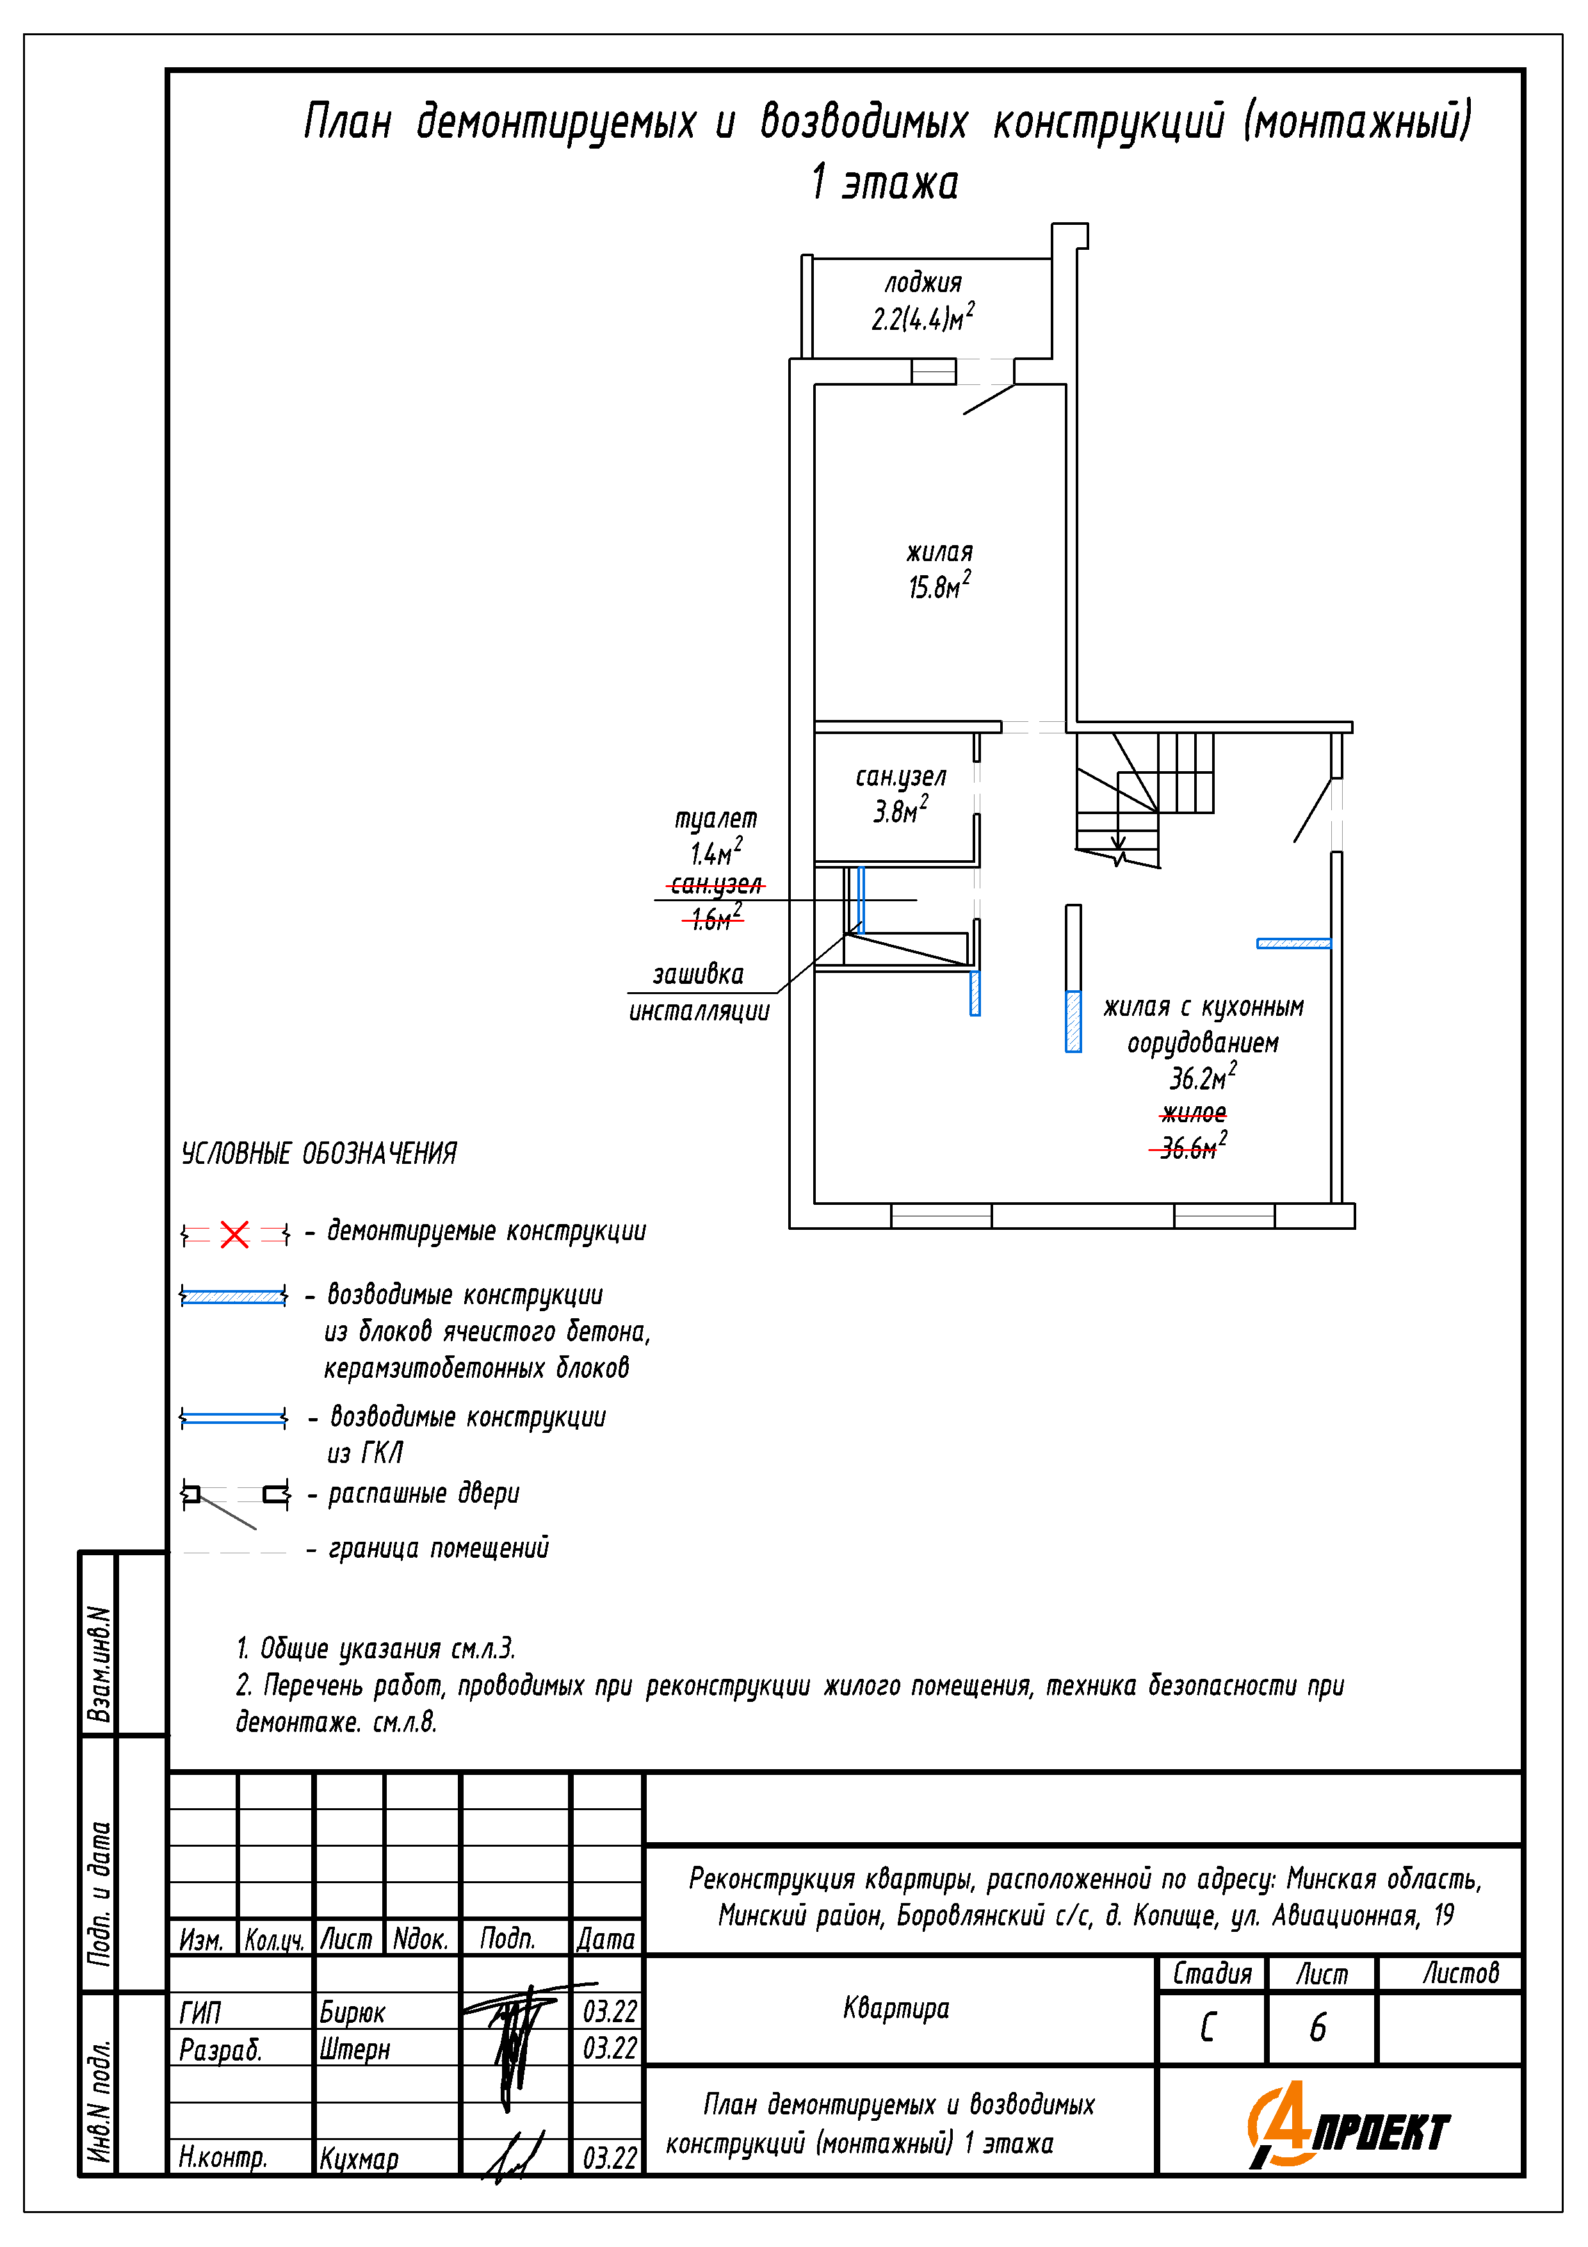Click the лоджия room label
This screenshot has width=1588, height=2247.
click(923, 284)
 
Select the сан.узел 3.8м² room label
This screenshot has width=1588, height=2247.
click(900, 794)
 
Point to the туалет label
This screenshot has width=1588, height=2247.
click(715, 818)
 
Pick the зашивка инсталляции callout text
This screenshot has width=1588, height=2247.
click(699, 992)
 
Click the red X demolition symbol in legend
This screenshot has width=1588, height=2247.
click(235, 1234)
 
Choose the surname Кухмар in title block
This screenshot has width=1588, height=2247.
click(358, 2159)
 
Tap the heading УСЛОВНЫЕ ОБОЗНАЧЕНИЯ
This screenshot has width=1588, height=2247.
click(319, 1154)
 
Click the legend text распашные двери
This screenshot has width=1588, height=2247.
click(424, 1494)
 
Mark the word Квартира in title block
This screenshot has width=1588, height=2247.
click(896, 2008)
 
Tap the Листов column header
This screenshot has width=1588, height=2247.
click(1460, 1973)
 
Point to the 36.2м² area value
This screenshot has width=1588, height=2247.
click(1201, 1077)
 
